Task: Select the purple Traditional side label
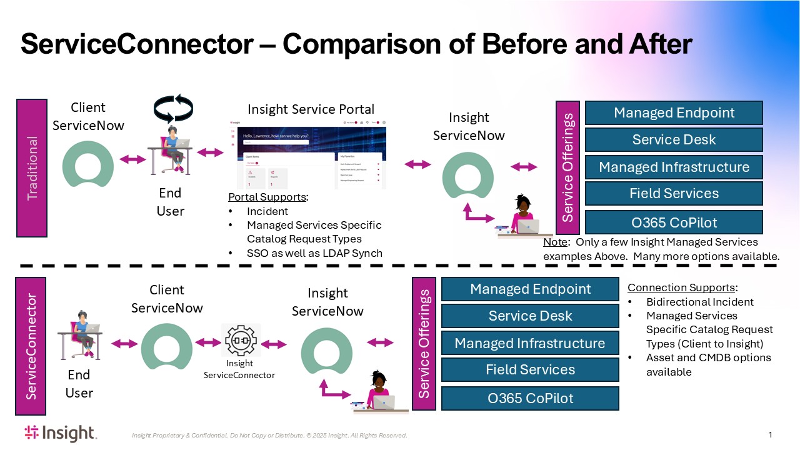pyautogui.click(x=32, y=167)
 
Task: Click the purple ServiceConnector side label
pyautogui.click(x=31, y=346)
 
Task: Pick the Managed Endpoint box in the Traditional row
pyautogui.click(x=674, y=113)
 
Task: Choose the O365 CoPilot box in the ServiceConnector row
pyautogui.click(x=530, y=398)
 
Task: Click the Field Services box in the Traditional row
pyautogui.click(x=674, y=194)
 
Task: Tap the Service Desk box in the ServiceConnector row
pyautogui.click(x=530, y=316)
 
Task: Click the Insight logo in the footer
pyautogui.click(x=60, y=432)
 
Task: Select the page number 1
pyautogui.click(x=771, y=435)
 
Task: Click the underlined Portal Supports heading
pyautogui.click(x=268, y=197)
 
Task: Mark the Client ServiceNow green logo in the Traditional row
pyautogui.click(x=88, y=164)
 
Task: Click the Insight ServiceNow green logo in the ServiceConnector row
pyautogui.click(x=327, y=352)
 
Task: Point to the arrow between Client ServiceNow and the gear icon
pyautogui.click(x=208, y=342)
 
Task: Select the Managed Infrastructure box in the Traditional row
pyautogui.click(x=674, y=167)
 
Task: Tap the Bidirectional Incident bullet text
pyautogui.click(x=700, y=302)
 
